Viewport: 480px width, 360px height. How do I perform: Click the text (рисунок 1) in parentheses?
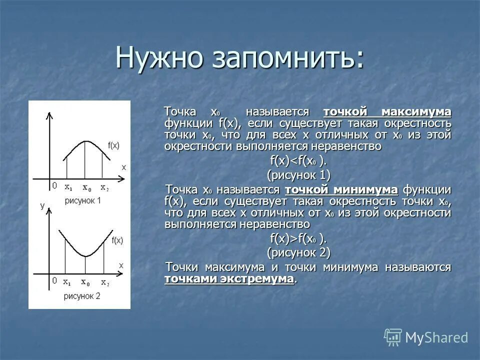(298, 175)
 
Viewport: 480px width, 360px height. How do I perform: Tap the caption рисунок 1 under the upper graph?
(82, 200)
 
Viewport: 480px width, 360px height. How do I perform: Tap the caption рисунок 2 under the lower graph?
(82, 295)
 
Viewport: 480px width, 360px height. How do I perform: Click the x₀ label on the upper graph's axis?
(86, 187)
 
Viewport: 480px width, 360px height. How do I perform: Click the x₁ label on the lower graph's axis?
(67, 282)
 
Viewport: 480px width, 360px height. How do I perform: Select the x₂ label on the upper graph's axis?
(104, 187)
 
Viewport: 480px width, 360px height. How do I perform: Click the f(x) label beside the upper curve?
(113, 145)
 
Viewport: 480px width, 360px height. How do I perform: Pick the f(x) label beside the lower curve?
(117, 240)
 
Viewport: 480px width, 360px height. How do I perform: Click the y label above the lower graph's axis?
(42, 205)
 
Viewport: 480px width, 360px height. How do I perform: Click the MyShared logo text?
(436, 337)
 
